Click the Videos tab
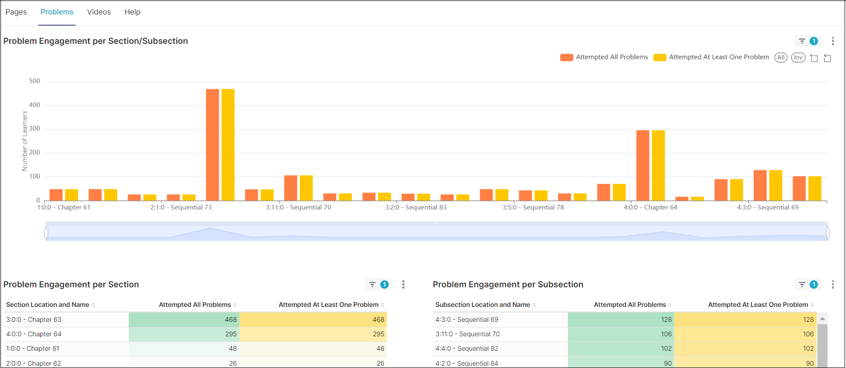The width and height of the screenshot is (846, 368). (x=99, y=12)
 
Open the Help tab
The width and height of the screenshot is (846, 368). (x=132, y=12)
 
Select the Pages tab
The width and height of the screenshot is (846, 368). (x=16, y=12)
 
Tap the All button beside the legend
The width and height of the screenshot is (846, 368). (x=781, y=57)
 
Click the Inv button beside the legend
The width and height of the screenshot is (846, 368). (x=798, y=57)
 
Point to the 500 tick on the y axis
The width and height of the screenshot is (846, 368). (x=35, y=81)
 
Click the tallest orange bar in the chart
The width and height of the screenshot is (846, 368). (x=212, y=145)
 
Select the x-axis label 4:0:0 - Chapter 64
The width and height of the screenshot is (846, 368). (x=650, y=207)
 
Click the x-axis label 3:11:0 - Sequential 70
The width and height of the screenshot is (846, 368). (x=298, y=207)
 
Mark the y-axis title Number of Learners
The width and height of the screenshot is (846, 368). (x=25, y=141)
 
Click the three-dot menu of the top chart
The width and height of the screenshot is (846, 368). (x=832, y=41)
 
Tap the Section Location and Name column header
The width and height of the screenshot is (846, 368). (x=48, y=305)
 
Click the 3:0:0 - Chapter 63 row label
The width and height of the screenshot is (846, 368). (x=34, y=319)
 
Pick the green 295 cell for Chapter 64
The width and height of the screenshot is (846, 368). (x=184, y=334)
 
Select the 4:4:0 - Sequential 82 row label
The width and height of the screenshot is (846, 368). (x=467, y=348)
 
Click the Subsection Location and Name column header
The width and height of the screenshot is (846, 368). (x=482, y=305)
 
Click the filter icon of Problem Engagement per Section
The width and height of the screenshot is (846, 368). (x=372, y=285)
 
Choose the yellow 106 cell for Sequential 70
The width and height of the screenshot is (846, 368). (x=745, y=334)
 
